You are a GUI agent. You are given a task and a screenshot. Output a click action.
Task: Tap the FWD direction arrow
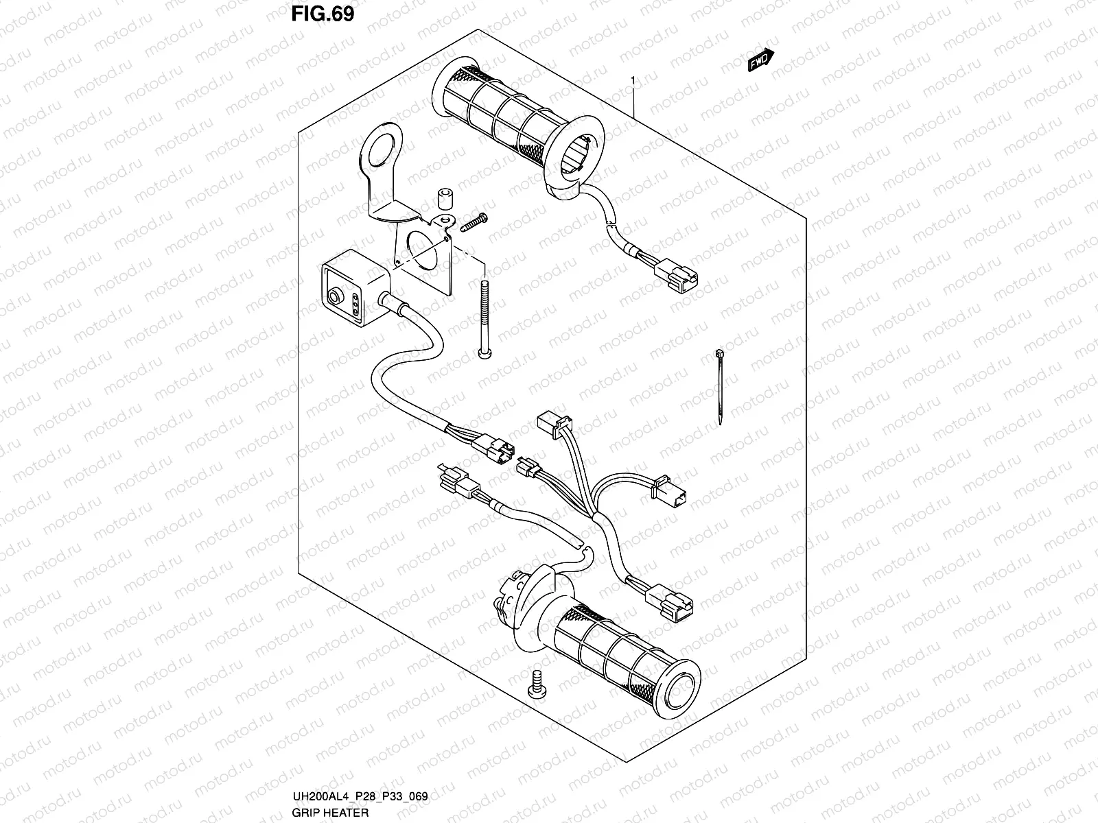(x=760, y=62)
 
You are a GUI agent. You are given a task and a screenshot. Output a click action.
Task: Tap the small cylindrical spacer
(x=443, y=195)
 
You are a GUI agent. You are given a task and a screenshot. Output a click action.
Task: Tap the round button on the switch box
(x=334, y=296)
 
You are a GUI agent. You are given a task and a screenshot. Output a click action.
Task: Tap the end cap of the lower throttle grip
(x=681, y=679)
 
